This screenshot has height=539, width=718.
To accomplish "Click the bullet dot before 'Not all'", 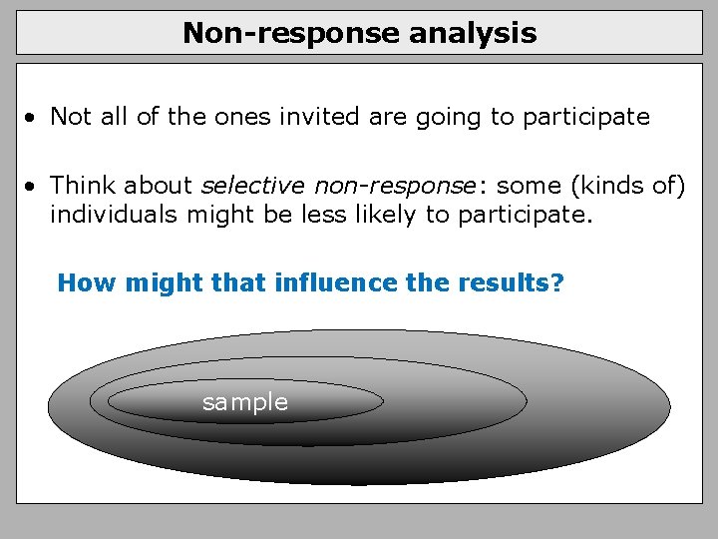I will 34,118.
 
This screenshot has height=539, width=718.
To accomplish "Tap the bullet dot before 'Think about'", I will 34,187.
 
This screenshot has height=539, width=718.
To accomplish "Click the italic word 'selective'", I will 254,185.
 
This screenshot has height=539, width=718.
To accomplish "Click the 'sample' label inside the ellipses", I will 244,402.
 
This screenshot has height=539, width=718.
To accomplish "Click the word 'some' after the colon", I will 528,186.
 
